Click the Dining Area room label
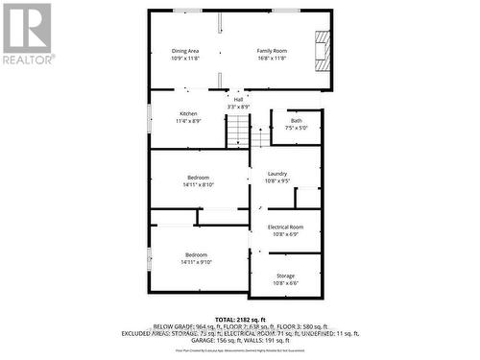point(185,50)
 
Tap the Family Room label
point(272,50)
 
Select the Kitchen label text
point(187,114)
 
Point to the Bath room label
point(296,120)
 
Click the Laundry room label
point(278,173)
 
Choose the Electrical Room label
point(285,227)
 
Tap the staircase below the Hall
point(237,132)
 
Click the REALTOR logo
point(27,34)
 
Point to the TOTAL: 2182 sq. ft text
point(239,317)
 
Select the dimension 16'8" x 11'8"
point(272,58)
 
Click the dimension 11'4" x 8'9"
point(188,122)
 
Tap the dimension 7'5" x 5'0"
point(296,128)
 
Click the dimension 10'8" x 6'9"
point(285,234)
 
